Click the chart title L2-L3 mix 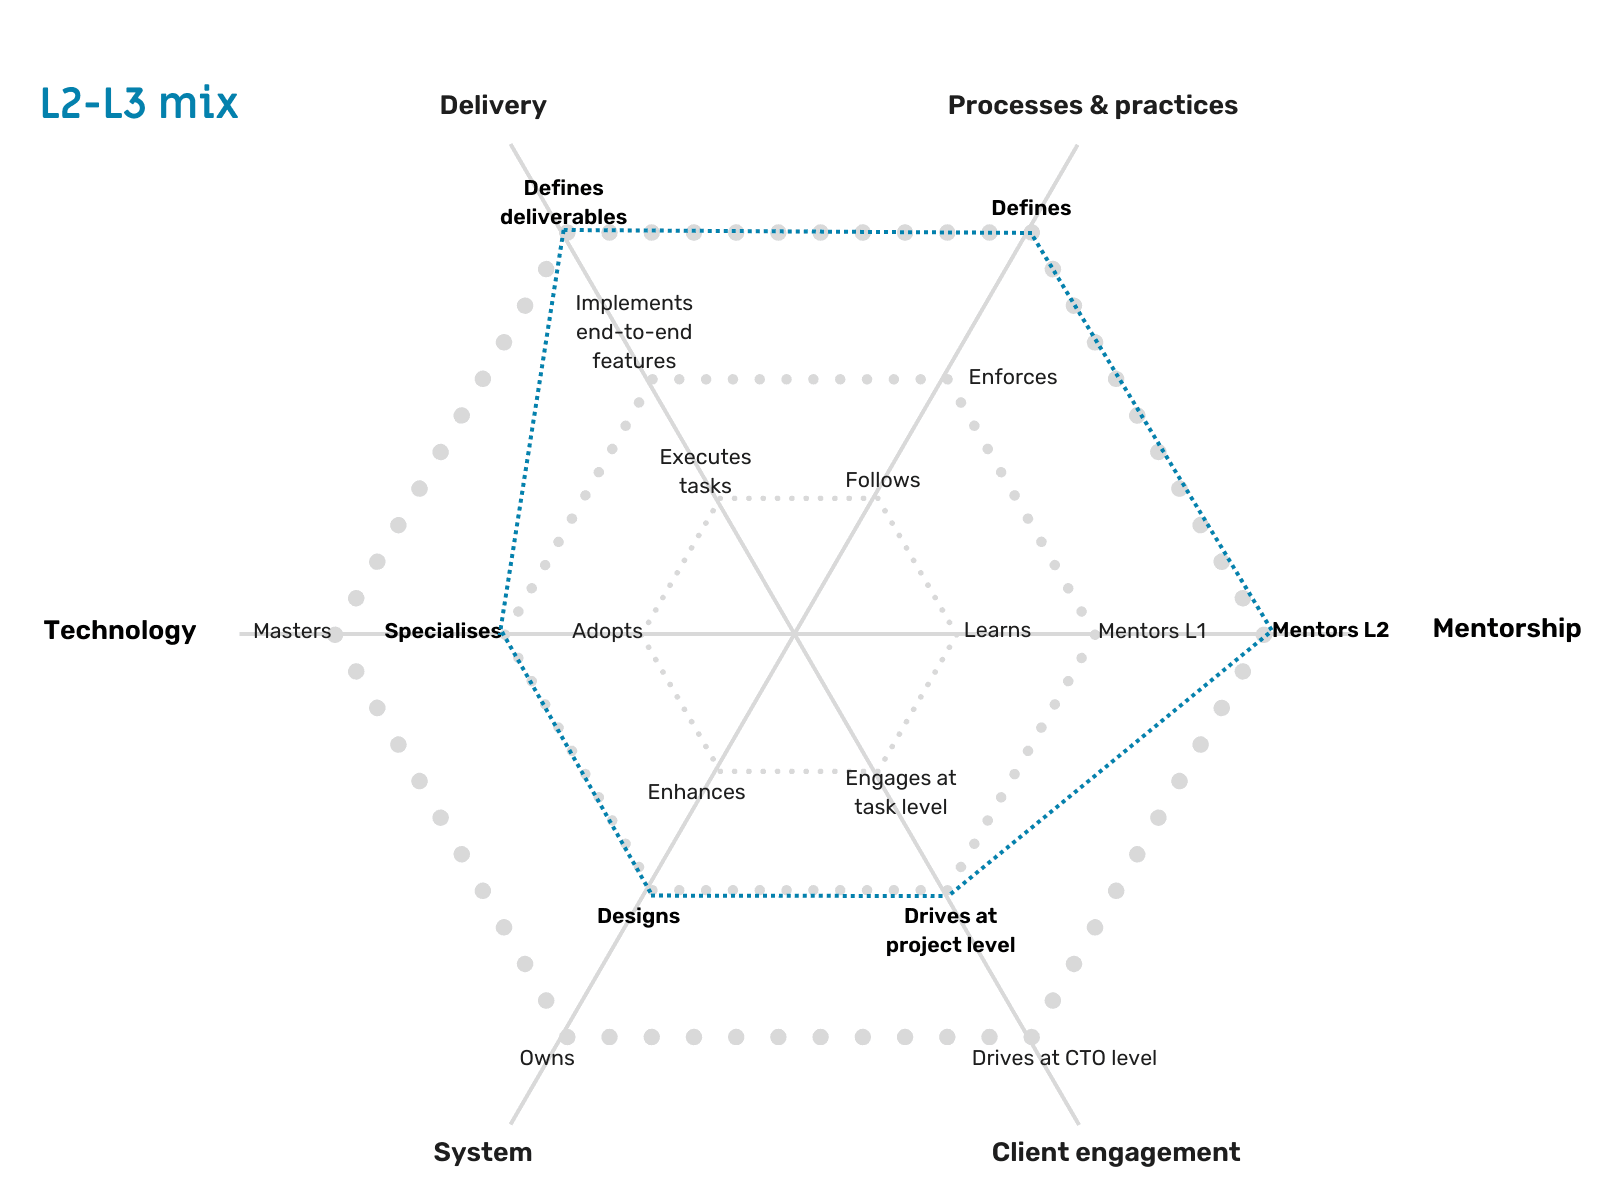point(139,104)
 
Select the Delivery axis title point(492,105)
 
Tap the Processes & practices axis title point(1092,105)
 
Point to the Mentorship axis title point(1506,628)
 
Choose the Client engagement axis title point(1115,1152)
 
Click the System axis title point(482,1152)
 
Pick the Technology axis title point(120,630)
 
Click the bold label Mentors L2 point(1331,630)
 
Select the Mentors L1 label point(1152,631)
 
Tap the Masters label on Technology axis point(292,631)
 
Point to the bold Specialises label point(442,631)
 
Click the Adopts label point(607,631)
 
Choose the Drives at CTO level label point(1064,1058)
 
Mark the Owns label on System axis point(547,1058)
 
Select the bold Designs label point(638,916)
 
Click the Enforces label point(1012,377)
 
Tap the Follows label point(882,480)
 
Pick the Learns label point(997,630)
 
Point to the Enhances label point(696,792)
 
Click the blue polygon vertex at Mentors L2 point(1270,629)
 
